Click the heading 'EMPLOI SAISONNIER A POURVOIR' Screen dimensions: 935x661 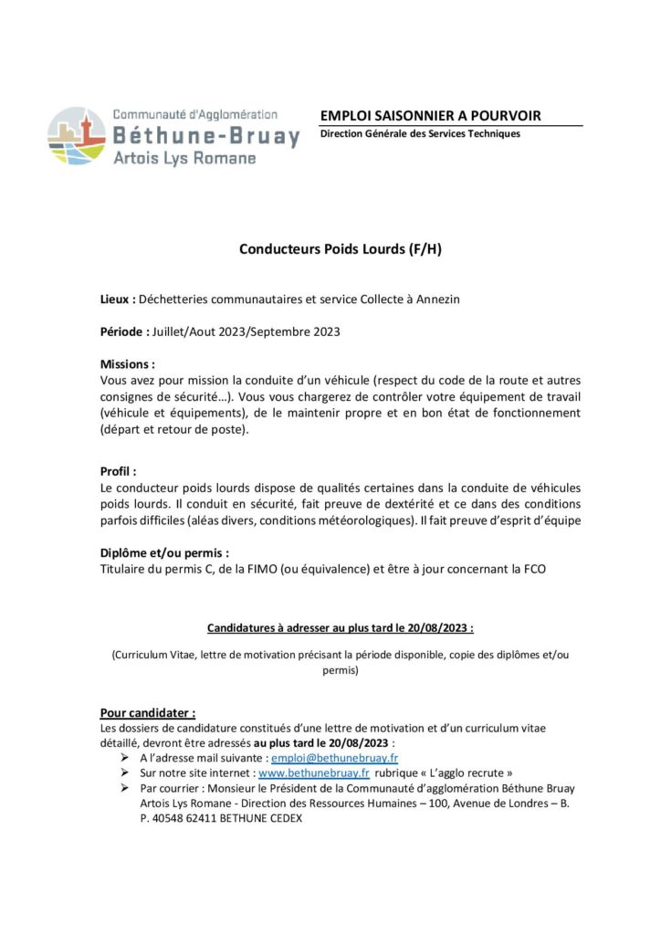click(x=430, y=115)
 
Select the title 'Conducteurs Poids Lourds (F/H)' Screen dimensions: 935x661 click(x=340, y=247)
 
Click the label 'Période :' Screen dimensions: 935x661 click(x=125, y=331)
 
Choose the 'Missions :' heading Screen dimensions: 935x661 click(x=127, y=363)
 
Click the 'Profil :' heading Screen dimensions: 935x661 click(x=118, y=472)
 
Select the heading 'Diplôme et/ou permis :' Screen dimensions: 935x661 click(x=164, y=553)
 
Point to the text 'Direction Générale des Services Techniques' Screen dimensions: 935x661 click(x=420, y=134)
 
